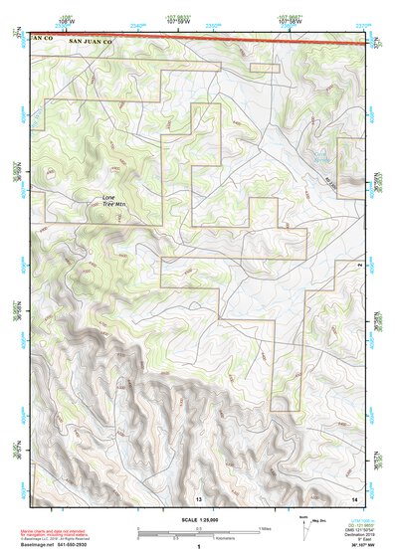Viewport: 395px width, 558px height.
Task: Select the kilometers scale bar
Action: tap(199, 535)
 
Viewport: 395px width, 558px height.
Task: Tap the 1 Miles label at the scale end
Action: tap(265, 527)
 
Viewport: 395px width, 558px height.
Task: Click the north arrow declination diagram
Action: tap(307, 531)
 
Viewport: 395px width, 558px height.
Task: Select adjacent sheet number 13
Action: tap(198, 496)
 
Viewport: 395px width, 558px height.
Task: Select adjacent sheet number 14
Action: tap(355, 496)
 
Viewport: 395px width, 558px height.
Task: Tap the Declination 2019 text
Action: tap(355, 534)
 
